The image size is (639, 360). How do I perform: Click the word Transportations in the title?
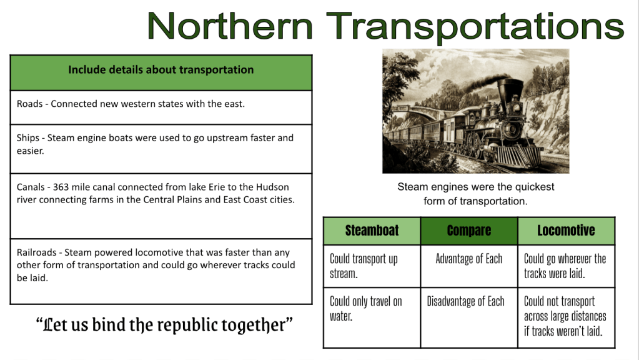point(475,27)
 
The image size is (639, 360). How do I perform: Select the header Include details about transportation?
point(161,70)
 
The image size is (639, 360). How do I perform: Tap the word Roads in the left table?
point(29,104)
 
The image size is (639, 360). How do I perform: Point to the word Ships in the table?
point(27,138)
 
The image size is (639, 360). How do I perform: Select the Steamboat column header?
point(372,231)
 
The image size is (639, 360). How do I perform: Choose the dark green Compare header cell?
point(469,231)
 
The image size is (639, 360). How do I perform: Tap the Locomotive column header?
point(566,231)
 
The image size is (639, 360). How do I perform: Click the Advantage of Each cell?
point(469,266)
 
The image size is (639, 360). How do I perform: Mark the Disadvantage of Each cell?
point(469,317)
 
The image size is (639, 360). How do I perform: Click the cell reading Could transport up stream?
point(372,266)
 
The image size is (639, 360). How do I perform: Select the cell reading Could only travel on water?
point(372,317)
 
